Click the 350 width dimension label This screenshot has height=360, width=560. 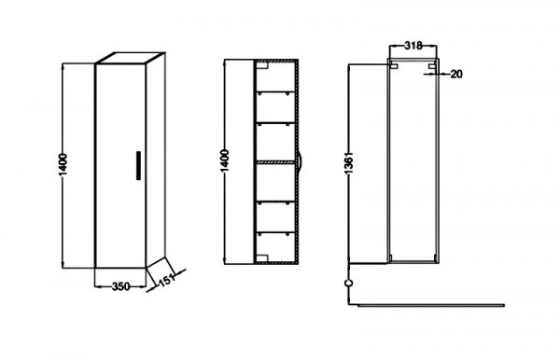120,286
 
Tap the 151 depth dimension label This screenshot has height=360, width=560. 167,280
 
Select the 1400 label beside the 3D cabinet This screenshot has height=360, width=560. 63,165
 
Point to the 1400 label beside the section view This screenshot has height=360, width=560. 225,161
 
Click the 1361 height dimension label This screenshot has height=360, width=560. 348,162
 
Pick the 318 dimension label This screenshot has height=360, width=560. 413,46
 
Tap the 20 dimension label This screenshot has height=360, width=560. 456,75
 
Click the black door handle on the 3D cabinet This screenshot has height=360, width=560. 138,166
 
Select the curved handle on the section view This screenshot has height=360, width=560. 301,163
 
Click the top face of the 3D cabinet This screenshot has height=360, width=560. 131,59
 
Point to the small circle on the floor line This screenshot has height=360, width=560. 349,283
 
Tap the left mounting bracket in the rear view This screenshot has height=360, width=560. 394,66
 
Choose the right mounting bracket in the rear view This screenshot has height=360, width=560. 432,66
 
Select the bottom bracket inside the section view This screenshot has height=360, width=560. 262,257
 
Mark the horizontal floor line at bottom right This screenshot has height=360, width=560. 430,305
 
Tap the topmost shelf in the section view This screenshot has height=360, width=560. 275,92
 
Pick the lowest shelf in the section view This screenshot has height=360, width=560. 275,232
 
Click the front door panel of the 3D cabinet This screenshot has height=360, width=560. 120,166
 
